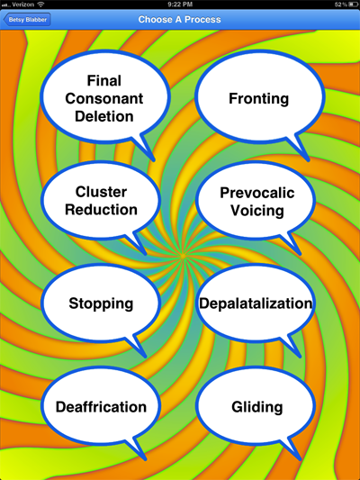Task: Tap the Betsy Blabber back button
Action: click(x=27, y=20)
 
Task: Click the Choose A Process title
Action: click(x=179, y=20)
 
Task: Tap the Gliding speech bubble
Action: click(x=256, y=407)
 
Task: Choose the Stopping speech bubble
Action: click(x=101, y=303)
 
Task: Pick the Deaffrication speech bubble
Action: click(x=101, y=407)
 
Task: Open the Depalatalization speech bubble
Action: click(x=256, y=303)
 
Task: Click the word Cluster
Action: click(x=101, y=192)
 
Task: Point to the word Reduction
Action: click(x=101, y=210)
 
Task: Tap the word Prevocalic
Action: click(x=256, y=193)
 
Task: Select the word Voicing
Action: click(x=256, y=211)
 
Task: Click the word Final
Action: click(x=104, y=81)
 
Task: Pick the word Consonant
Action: click(x=104, y=98)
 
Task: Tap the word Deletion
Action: click(x=104, y=116)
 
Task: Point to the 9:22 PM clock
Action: click(x=180, y=5)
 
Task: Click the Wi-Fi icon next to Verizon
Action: click(x=40, y=5)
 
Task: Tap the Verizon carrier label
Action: click(x=22, y=5)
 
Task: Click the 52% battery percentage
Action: click(x=340, y=5)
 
